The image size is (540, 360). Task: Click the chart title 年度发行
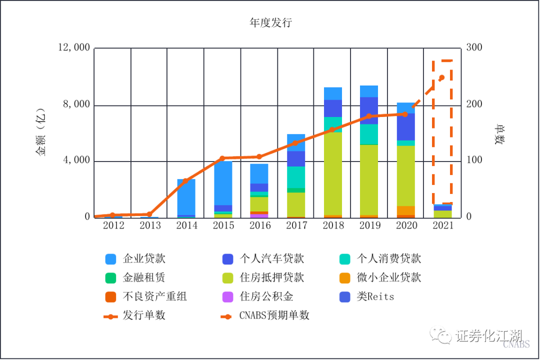[x=270, y=23]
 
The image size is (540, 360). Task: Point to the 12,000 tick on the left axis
[x=74, y=48]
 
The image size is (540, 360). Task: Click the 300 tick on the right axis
[x=474, y=48]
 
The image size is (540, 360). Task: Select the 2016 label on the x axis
[x=260, y=225]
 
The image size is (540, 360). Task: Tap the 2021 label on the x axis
[x=442, y=225]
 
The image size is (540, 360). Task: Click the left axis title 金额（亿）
[x=40, y=132]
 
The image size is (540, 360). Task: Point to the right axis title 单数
[x=498, y=134]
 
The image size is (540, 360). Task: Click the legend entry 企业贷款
[x=144, y=258]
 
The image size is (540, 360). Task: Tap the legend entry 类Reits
[x=375, y=296]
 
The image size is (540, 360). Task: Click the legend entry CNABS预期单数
[x=274, y=315]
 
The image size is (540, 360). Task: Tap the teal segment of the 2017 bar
[x=296, y=177]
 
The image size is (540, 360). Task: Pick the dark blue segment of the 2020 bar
[x=405, y=126]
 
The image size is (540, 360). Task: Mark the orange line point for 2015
[x=222, y=158]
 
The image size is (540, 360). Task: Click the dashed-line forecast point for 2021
[x=441, y=77]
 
